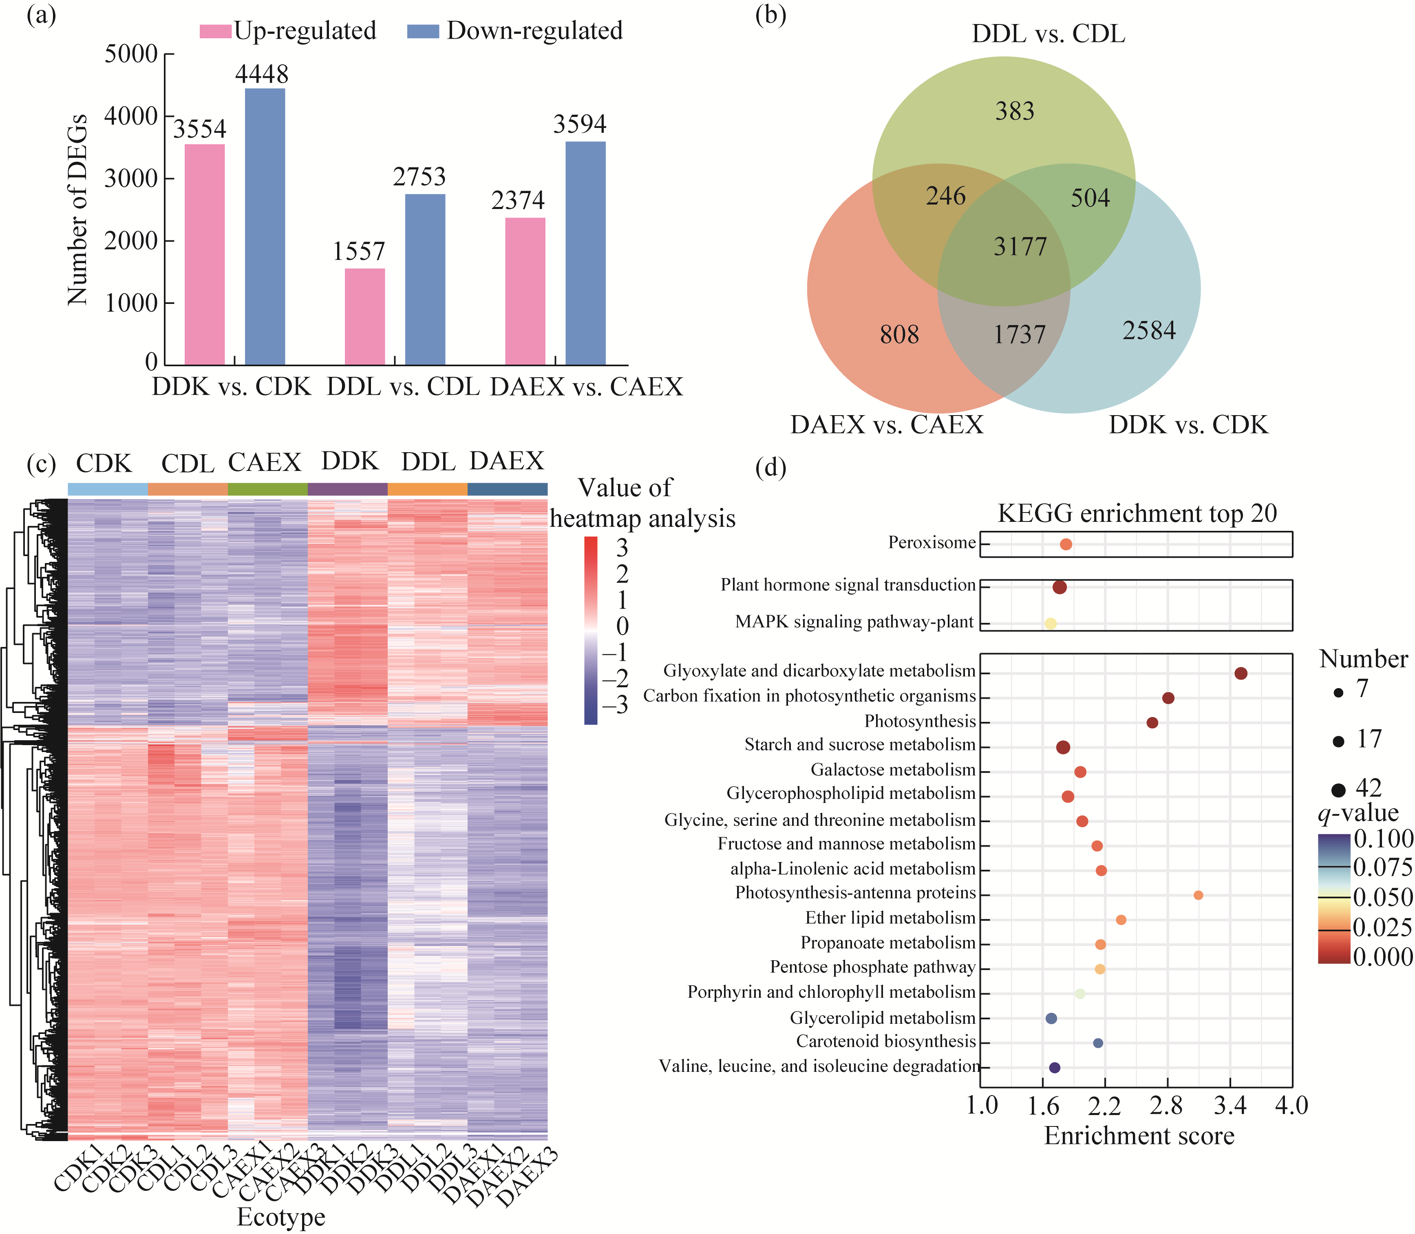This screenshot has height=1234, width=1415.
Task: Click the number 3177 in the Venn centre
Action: (1020, 246)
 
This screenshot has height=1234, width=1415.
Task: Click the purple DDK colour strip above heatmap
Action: (347, 489)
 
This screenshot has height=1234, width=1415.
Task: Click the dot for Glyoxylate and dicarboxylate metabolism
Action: (1241, 673)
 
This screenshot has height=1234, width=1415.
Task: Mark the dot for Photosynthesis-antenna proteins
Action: (1198, 895)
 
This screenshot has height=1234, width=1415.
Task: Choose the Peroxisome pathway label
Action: (932, 543)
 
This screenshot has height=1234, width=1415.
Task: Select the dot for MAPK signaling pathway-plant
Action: (1050, 623)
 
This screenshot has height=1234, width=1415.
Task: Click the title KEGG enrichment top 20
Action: (1137, 513)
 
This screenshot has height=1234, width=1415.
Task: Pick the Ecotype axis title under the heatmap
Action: (281, 1217)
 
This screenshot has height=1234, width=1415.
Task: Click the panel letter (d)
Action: (770, 468)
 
